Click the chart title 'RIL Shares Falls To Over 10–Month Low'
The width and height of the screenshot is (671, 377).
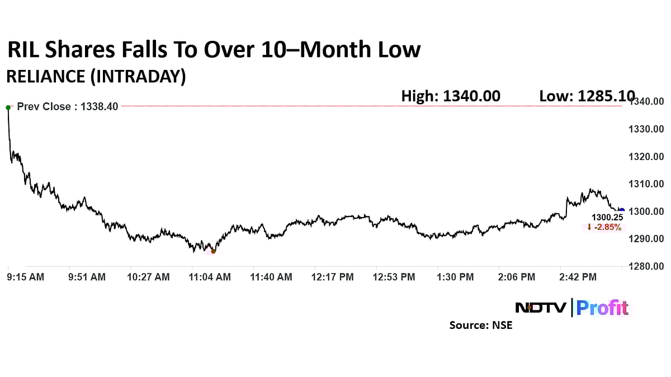(213, 50)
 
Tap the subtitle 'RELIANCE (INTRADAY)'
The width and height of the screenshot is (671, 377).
(96, 77)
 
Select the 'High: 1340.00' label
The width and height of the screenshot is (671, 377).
(451, 96)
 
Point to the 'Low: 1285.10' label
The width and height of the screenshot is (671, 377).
(587, 96)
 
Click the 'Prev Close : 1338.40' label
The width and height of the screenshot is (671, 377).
(68, 106)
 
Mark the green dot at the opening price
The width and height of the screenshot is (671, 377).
(8, 107)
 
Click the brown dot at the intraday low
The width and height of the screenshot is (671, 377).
(213, 251)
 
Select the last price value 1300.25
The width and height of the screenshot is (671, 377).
(607, 217)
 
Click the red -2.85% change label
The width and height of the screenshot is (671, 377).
(604, 227)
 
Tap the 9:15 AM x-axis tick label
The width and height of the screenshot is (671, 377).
(26, 277)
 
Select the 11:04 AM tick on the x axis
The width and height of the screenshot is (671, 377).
(210, 277)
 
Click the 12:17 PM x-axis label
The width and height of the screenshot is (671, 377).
(333, 277)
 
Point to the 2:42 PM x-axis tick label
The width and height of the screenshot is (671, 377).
(578, 277)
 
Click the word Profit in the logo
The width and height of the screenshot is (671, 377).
(603, 308)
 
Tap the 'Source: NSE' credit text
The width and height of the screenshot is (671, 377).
(480, 325)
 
